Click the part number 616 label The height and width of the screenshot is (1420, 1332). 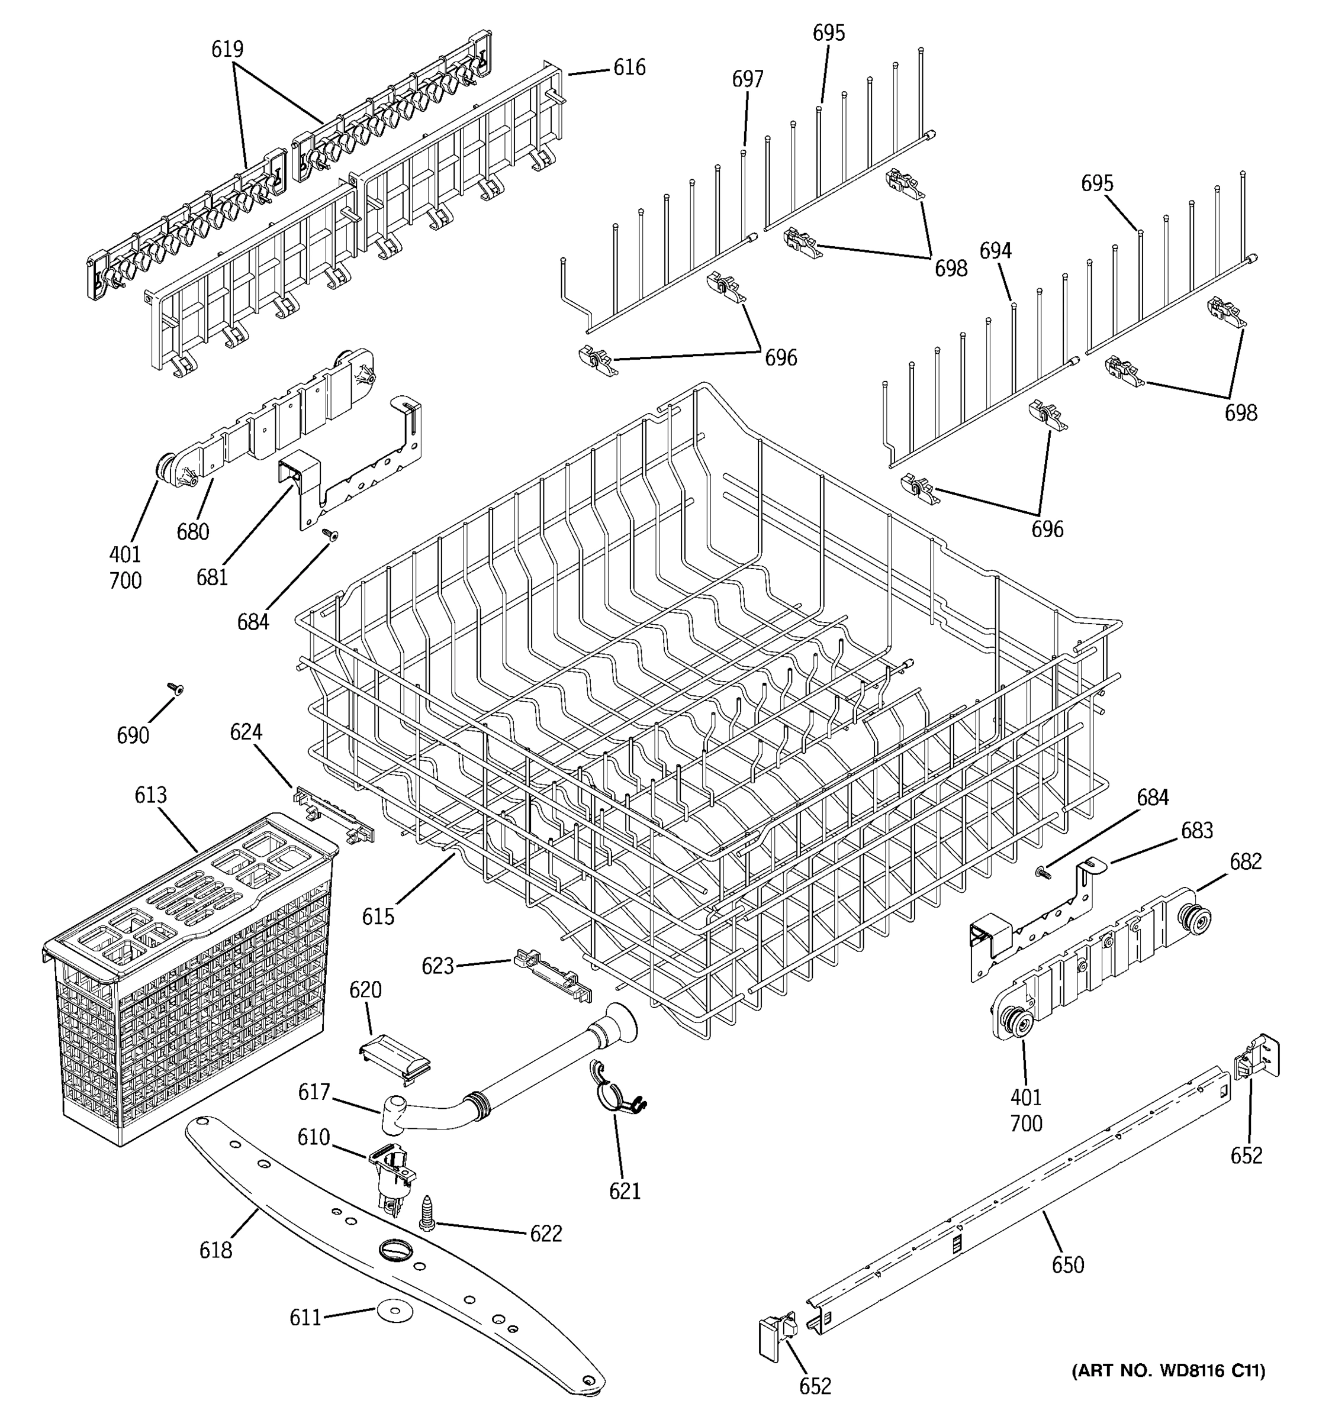(x=629, y=68)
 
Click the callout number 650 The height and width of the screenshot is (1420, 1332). (x=1067, y=1265)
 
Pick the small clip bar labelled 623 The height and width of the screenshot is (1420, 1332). (x=552, y=973)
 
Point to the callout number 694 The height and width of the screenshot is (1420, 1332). (x=995, y=251)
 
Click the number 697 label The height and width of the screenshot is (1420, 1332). (x=748, y=79)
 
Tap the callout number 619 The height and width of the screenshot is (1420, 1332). (x=227, y=49)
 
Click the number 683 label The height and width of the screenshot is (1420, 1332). (x=1196, y=831)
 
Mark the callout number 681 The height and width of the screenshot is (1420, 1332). (x=213, y=577)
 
